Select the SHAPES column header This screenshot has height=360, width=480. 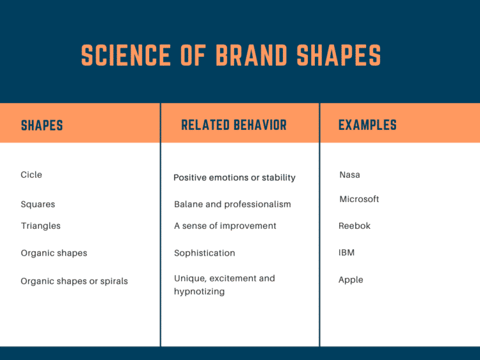[42, 125]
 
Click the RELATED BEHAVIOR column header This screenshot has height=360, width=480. [234, 125]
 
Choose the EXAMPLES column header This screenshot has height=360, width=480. [367, 125]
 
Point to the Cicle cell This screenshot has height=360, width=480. [31, 175]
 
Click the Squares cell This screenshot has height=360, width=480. [38, 205]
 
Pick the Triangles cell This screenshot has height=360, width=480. [40, 226]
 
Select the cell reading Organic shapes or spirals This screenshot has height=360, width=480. [74, 281]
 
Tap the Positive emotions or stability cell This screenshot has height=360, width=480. [234, 178]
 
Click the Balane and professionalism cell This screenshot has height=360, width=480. [232, 205]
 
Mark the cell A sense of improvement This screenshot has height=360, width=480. [225, 226]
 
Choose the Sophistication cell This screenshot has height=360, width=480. [205, 253]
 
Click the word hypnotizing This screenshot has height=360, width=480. [200, 292]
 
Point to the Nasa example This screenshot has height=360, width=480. [350, 175]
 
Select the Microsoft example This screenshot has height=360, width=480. [359, 200]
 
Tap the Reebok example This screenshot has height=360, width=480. [355, 226]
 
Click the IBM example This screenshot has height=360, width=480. [346, 253]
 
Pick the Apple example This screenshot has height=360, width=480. [351, 280]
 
